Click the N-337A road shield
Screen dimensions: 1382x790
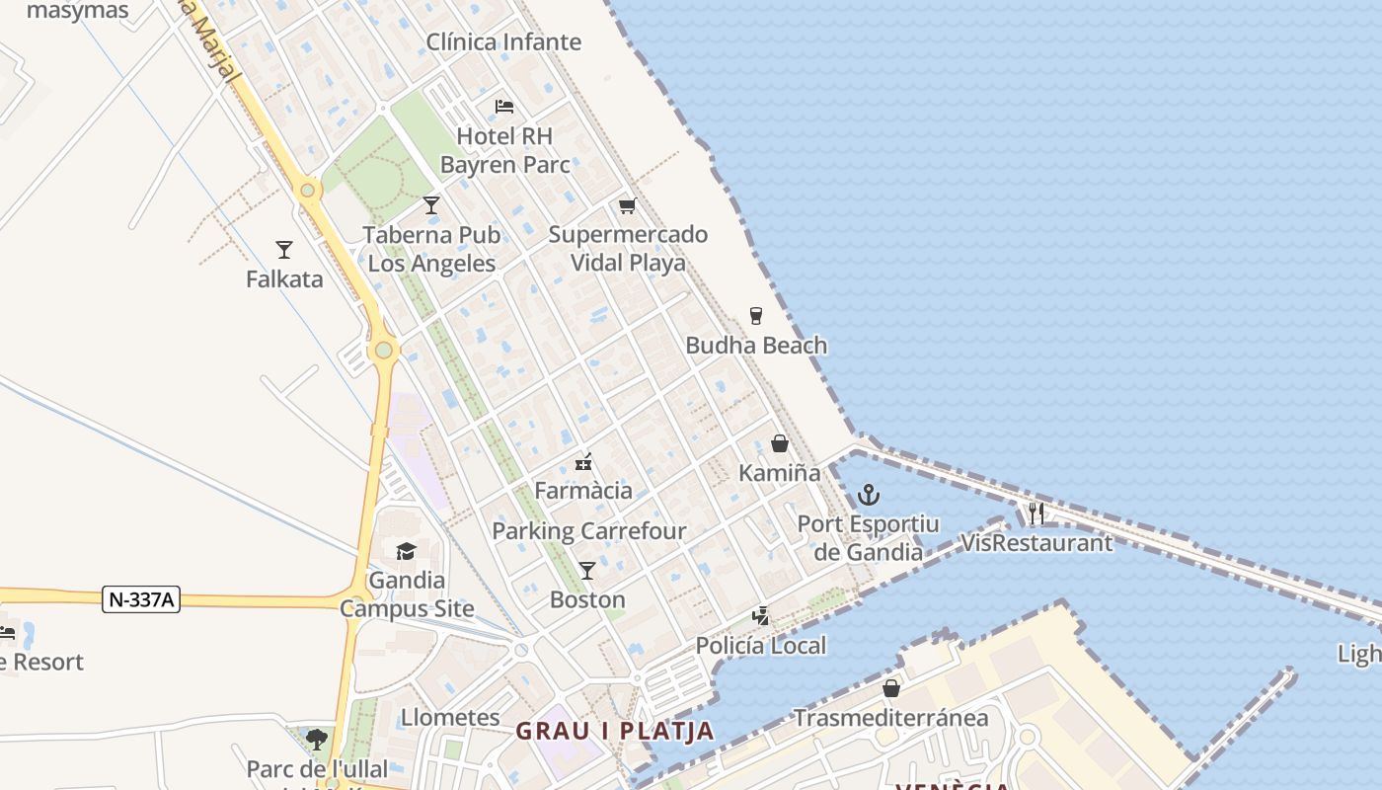pos(141,598)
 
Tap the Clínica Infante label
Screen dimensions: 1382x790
pos(503,41)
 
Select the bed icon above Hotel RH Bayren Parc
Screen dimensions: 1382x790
pos(504,107)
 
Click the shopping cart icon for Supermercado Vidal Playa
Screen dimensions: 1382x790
pos(627,205)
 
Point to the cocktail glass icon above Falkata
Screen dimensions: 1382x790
pos(284,250)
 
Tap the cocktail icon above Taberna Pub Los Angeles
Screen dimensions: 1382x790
pos(431,205)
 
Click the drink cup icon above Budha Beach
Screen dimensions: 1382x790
pos(756,316)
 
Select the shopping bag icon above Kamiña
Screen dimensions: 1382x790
pos(780,443)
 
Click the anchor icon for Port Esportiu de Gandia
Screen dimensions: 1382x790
pos(869,495)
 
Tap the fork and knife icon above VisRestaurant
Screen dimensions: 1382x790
pos(1036,513)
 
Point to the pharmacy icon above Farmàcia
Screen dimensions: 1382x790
pos(583,461)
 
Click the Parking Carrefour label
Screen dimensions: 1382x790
pos(588,530)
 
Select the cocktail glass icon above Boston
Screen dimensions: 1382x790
pos(587,571)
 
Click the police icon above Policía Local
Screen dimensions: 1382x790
pos(760,616)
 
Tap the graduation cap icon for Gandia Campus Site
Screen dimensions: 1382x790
pos(406,551)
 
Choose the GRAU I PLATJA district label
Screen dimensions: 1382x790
pos(615,731)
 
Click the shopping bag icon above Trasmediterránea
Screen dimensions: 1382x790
pos(891,688)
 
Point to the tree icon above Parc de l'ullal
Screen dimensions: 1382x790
pos(317,739)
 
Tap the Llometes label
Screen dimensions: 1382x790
pos(450,716)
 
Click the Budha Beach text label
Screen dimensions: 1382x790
pos(756,345)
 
